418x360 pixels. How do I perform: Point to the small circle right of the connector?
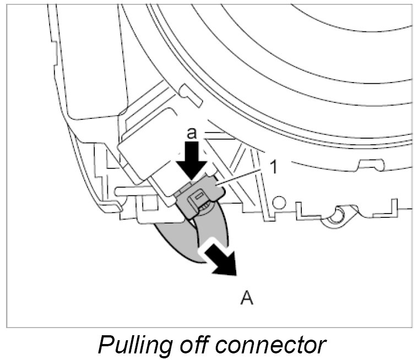point(278,203)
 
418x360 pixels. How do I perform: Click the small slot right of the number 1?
point(370,163)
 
